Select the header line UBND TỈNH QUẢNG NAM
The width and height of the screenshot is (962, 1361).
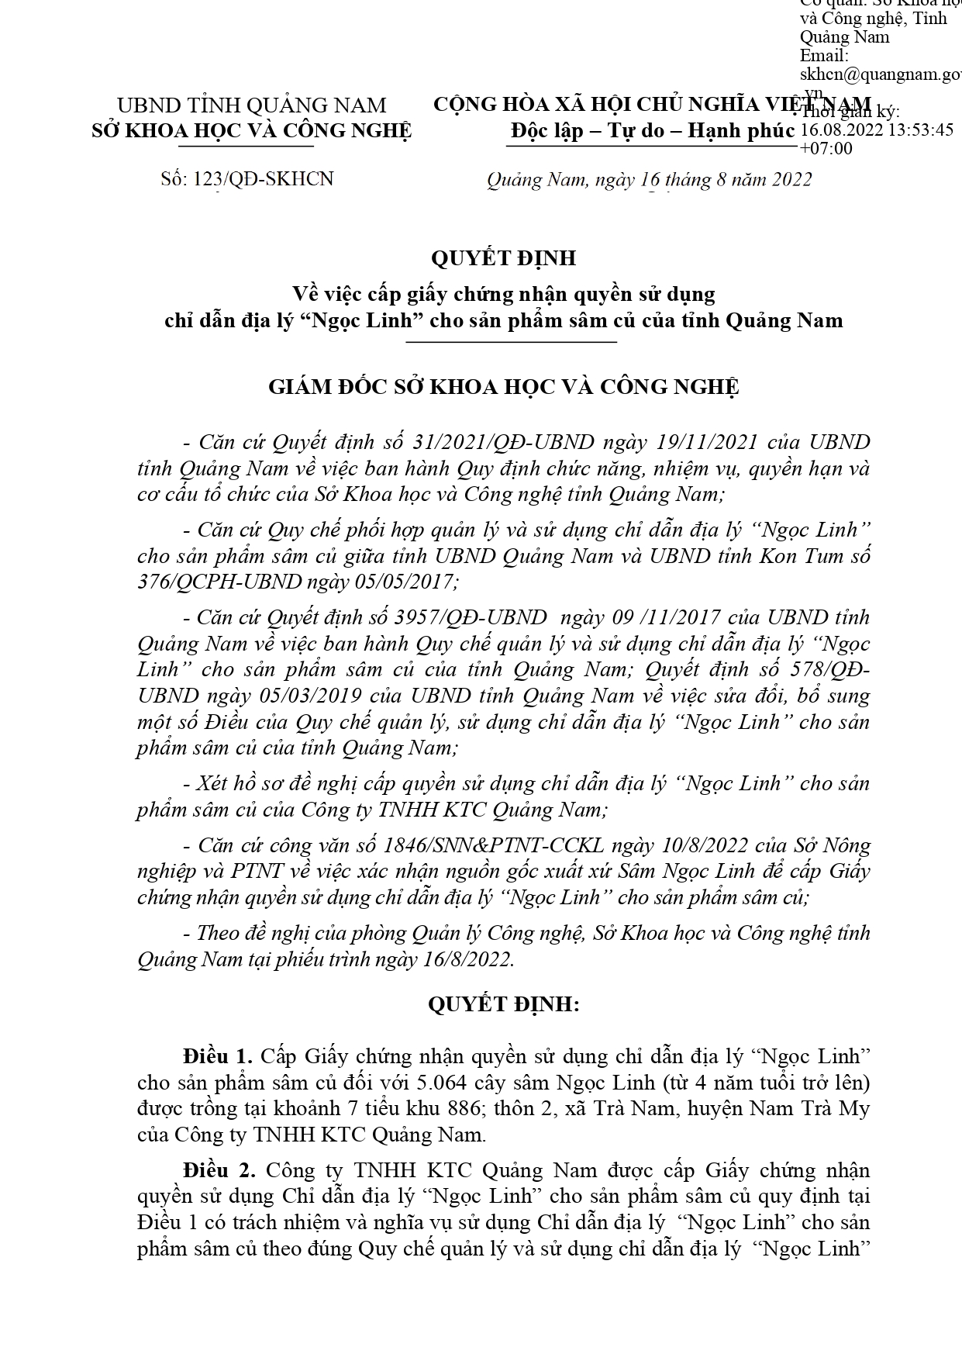click(250, 105)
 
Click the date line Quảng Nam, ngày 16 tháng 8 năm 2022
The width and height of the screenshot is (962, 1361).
click(649, 180)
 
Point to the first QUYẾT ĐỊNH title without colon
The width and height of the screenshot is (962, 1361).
click(503, 257)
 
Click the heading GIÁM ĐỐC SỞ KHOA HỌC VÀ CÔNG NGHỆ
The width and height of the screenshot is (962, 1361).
click(503, 386)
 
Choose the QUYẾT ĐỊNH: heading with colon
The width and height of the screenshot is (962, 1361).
click(503, 1005)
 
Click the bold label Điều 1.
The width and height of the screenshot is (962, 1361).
click(218, 1056)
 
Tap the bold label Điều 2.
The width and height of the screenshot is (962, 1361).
click(218, 1169)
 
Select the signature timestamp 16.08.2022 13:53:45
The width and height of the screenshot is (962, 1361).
click(876, 130)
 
